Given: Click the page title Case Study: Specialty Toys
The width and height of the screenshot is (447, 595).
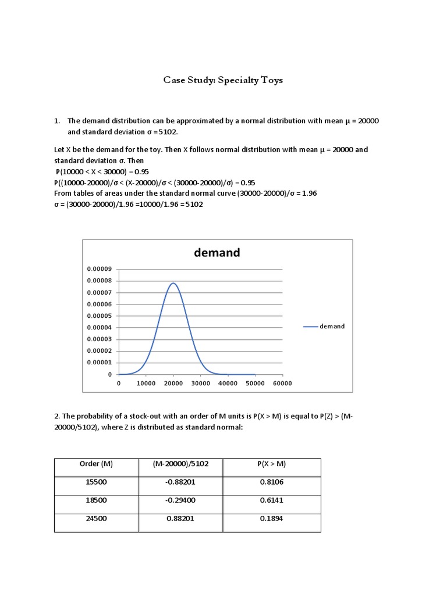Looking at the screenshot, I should coord(223,80).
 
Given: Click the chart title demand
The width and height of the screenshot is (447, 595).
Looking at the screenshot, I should coord(217,253).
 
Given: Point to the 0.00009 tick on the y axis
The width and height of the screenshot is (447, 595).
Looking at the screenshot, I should coord(100,270).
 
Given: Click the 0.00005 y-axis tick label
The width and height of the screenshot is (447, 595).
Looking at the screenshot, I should coord(100,316).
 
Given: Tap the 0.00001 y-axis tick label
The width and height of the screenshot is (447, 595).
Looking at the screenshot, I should coord(100,363).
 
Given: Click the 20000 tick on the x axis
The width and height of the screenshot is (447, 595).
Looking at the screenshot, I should coord(173,383).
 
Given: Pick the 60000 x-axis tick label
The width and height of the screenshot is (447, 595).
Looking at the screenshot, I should coord(282,383).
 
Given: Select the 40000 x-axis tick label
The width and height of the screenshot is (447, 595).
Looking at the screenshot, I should coord(228,383).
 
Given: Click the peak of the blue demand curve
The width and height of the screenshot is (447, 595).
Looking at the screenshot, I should coord(173,284).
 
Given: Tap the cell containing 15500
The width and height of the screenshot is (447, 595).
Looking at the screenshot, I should coord(96,482).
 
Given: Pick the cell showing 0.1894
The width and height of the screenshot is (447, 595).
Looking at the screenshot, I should coord(272,519).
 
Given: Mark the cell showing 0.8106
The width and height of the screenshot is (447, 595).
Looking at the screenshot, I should coord(272,482).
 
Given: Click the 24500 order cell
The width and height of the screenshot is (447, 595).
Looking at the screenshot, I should coord(96,519).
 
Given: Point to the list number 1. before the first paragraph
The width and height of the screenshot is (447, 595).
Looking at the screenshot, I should coord(57,121).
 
